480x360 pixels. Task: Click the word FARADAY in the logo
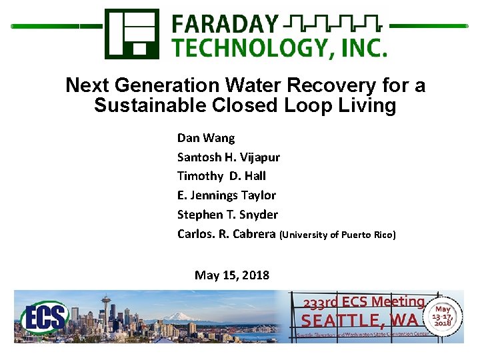click(225, 23)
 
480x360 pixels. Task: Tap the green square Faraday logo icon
click(131, 33)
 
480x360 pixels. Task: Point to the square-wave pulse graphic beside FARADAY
click(331, 25)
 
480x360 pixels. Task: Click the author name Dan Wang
click(206, 138)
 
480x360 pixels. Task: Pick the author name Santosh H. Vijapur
click(228, 157)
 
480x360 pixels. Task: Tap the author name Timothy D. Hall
click(221, 176)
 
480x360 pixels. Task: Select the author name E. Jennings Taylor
click(226, 195)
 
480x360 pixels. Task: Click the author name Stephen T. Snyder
click(227, 215)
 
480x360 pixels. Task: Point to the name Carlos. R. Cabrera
click(226, 234)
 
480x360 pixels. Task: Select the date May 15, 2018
click(232, 275)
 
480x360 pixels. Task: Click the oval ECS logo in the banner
click(45, 318)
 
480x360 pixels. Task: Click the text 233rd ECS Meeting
click(363, 302)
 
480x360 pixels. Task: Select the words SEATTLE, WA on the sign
click(360, 320)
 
